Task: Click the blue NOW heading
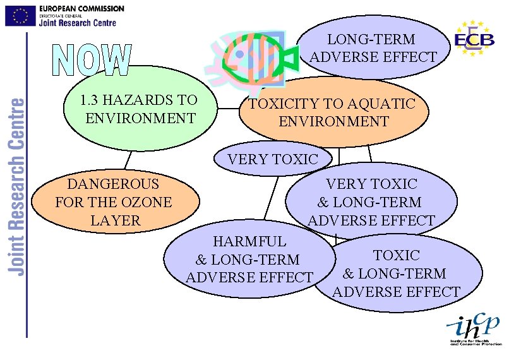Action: pos(92,61)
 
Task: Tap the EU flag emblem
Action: pos(20,16)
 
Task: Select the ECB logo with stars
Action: pos(474,39)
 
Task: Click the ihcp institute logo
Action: pos(474,329)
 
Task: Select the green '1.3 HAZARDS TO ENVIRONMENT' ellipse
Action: pos(139,109)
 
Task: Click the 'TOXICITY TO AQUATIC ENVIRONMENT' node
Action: pos(333,112)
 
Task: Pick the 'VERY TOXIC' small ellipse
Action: pos(273,159)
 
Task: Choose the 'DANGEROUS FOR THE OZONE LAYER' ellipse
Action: pos(114,202)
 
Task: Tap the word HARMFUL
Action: pos(249,241)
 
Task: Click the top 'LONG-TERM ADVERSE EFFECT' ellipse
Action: pos(372,48)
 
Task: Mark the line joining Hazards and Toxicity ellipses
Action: pos(227,109)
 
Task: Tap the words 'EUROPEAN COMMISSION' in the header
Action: pos(81,9)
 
